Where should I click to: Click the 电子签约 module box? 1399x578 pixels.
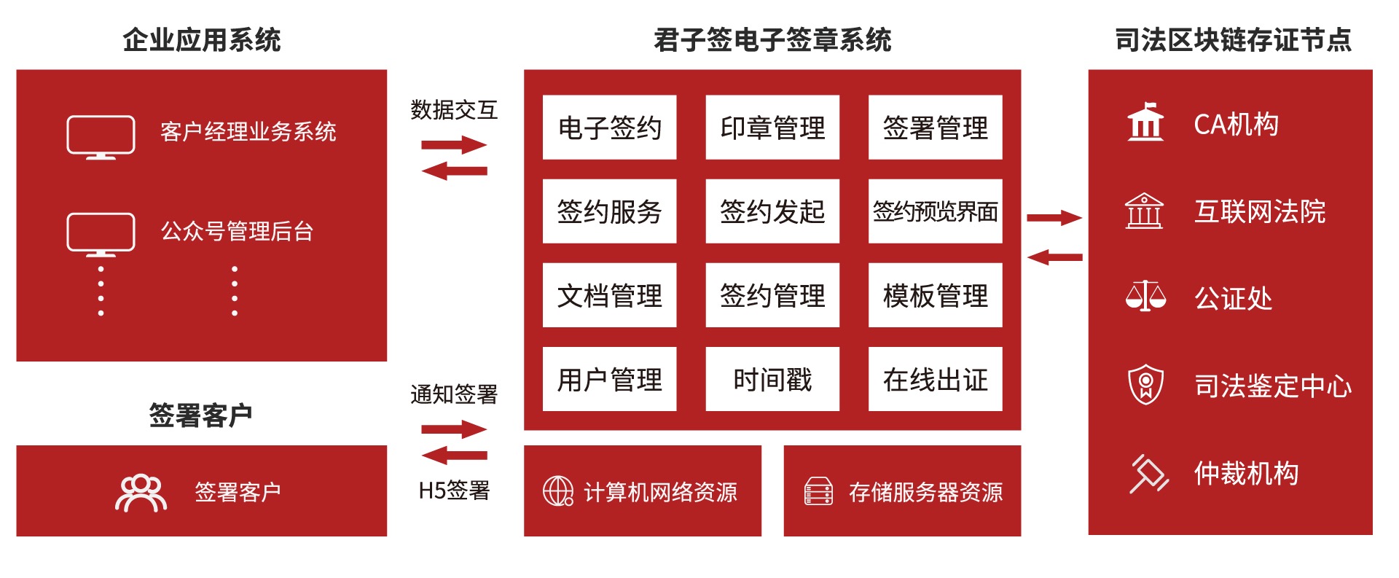609,128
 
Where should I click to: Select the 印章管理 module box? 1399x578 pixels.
772,128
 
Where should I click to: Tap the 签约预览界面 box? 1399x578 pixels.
935,211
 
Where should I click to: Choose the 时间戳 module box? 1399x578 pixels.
772,379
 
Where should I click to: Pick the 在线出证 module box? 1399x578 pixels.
935,379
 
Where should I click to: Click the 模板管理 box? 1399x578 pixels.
935,295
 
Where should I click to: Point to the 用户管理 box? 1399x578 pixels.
609,379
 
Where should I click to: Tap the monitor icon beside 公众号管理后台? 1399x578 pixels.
101,234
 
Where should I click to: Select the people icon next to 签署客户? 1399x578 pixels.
141,493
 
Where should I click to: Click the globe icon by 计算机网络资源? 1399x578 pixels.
558,491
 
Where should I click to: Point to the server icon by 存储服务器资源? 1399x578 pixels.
818,491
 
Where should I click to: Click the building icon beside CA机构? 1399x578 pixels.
1145,122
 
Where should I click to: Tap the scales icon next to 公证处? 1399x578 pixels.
1145,296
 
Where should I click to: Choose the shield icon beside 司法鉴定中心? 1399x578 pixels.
1145,384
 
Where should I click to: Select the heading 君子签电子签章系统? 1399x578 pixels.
772,39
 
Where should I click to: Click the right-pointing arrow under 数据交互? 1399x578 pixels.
454,144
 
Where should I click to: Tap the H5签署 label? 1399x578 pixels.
454,491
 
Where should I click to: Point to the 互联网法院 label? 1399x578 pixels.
1259,211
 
